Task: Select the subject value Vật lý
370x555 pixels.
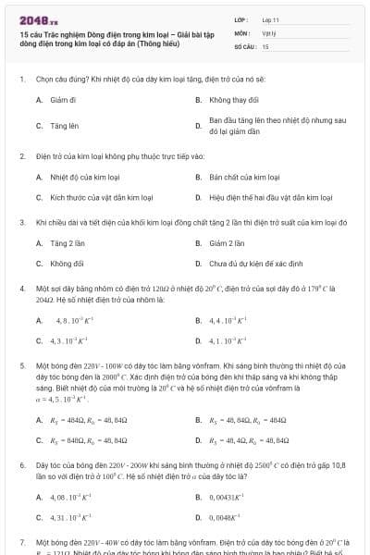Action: [x=269, y=32]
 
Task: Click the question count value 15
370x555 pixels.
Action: [x=265, y=45]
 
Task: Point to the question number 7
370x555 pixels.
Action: [x=22, y=541]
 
